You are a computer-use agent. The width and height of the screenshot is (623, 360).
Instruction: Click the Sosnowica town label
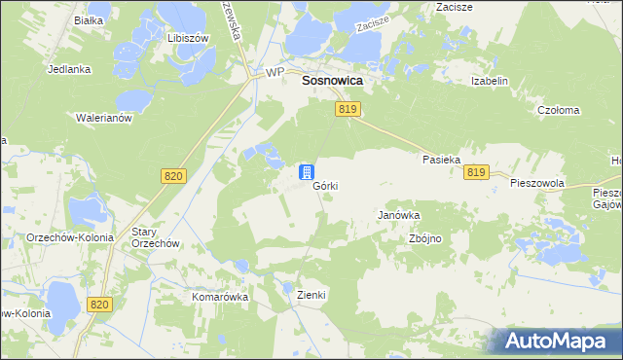[332, 83]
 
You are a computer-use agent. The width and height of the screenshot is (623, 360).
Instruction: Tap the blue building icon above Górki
[306, 172]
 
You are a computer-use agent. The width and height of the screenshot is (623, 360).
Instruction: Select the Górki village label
[325, 186]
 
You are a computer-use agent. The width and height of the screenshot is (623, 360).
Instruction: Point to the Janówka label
[398, 216]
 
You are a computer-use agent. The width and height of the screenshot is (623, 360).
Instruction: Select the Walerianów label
[103, 117]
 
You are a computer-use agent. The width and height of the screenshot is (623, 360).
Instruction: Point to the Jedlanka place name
[68, 70]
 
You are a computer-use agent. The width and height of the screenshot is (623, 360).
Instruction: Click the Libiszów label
[189, 38]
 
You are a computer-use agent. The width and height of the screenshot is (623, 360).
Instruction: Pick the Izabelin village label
[490, 82]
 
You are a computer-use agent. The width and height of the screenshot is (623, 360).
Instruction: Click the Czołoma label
[559, 111]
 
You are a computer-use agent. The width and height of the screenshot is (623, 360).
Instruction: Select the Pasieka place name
[440, 159]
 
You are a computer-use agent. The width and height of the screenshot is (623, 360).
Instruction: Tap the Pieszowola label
[537, 183]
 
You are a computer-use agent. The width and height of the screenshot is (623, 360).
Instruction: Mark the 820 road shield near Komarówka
[99, 305]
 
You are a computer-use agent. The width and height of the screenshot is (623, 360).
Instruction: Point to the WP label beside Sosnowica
[275, 74]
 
